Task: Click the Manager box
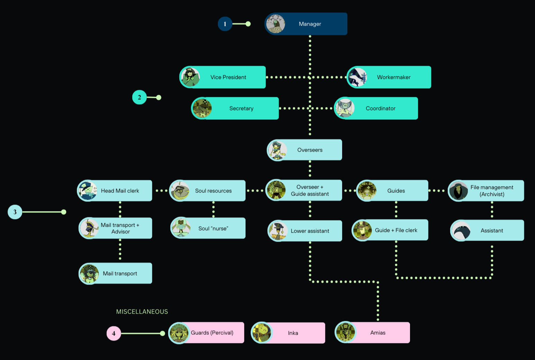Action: tap(310, 24)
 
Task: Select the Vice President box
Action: tap(228, 77)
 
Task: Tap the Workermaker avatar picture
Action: tap(357, 77)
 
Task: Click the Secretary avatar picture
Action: tap(202, 108)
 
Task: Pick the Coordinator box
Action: tap(381, 108)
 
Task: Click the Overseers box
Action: tap(310, 150)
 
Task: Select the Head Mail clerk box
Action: tap(120, 191)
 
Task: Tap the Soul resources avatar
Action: tap(180, 191)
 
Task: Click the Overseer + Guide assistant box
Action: tap(310, 190)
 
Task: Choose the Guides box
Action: tap(396, 191)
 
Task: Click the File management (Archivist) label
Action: tap(492, 191)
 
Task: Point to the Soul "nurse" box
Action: tap(213, 228)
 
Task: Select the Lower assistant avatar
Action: tap(278, 231)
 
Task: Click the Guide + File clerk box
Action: tap(396, 230)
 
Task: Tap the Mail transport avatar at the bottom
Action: tap(89, 273)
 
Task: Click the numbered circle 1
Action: tap(225, 24)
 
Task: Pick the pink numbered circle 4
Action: tap(114, 333)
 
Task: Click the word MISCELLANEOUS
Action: tap(142, 312)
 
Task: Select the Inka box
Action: tap(293, 333)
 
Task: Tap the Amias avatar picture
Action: tap(345, 333)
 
